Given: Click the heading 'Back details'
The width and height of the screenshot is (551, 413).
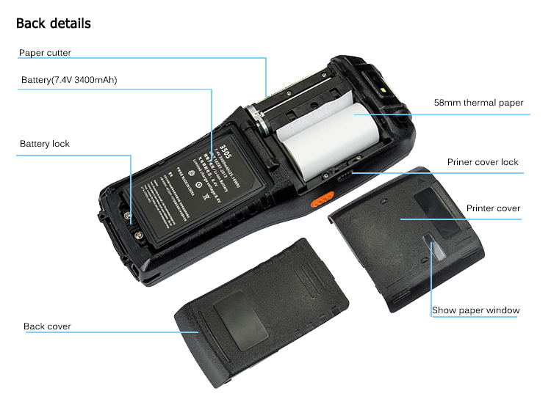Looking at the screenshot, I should [x=54, y=23].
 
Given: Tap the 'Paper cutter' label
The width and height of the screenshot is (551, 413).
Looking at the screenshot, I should [x=45, y=53].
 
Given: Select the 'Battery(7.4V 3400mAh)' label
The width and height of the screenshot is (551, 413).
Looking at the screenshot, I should [x=69, y=80].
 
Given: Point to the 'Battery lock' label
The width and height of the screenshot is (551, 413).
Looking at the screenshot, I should [x=45, y=144].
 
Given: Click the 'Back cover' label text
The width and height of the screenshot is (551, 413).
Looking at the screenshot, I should [x=47, y=326].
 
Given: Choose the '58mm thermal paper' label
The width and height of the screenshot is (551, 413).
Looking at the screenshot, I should [x=478, y=103].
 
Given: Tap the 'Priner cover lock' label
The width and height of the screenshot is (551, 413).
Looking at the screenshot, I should [x=483, y=162].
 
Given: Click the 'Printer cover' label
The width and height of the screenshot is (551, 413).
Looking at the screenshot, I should [x=493, y=208].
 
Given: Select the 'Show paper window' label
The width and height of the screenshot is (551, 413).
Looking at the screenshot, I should [x=475, y=310].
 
